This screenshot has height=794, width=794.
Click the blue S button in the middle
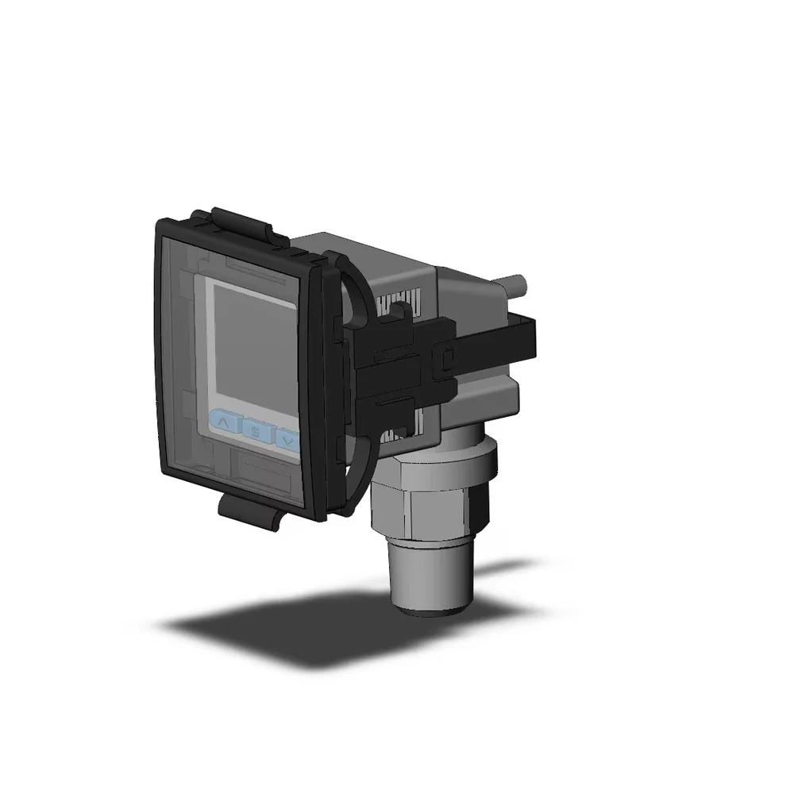click(x=255, y=432)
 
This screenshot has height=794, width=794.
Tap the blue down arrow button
click(x=287, y=439)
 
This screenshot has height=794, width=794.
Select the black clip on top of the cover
click(x=242, y=222)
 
